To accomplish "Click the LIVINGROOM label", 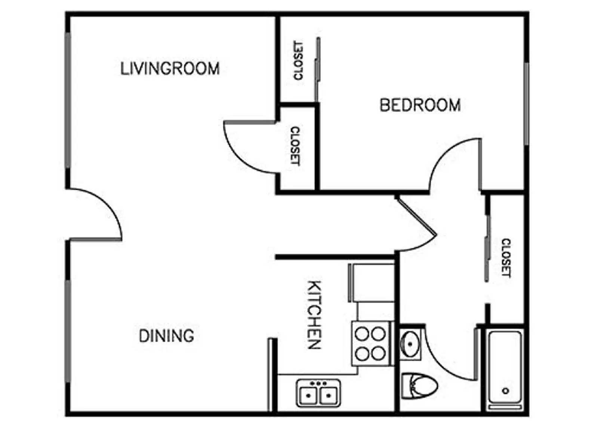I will pos(170,69).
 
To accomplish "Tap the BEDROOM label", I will pos(420,105).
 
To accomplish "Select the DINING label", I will pos(166,335).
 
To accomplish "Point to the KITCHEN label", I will pos(314,315).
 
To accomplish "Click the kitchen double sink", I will pos(318,393).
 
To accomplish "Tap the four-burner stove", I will pos(370,343).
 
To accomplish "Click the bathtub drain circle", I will pos(505,391).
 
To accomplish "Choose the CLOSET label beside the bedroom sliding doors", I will pos(298,60).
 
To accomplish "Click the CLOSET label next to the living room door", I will pos(295,146).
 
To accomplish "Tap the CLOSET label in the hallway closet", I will pos(505,258).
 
